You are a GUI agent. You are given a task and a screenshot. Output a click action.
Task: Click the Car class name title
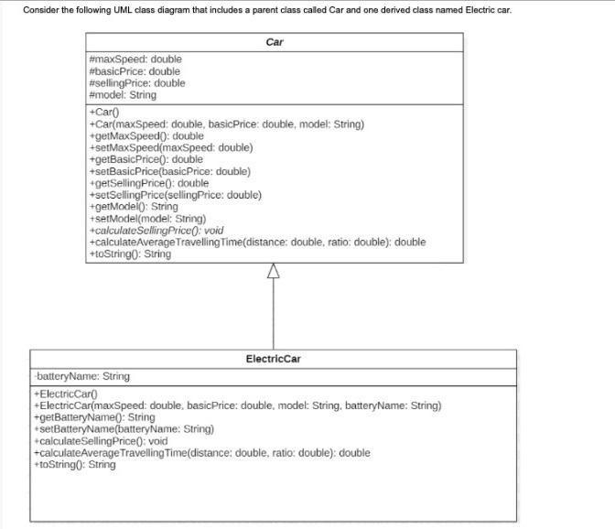coord(274,42)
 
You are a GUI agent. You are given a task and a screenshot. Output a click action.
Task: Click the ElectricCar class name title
coord(273,359)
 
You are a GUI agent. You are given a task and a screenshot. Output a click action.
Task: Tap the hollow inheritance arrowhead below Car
coord(273,271)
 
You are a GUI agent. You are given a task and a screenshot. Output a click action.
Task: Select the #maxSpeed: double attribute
coord(135,59)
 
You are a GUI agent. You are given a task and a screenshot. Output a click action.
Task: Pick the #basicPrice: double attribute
coord(134,71)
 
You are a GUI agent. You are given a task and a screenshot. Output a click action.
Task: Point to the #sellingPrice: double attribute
coord(136,83)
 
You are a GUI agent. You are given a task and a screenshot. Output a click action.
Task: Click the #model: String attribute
coord(122,95)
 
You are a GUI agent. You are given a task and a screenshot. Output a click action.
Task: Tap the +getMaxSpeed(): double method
coord(146,136)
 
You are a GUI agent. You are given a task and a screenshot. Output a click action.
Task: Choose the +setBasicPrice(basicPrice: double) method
coord(169,171)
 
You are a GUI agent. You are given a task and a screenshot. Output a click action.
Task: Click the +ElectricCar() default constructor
coord(70,394)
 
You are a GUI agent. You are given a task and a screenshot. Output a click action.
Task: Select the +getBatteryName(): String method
coord(93,417)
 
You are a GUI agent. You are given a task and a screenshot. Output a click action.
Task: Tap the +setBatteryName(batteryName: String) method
coord(123,429)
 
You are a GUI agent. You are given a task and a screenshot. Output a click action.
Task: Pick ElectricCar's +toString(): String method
coord(74,465)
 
